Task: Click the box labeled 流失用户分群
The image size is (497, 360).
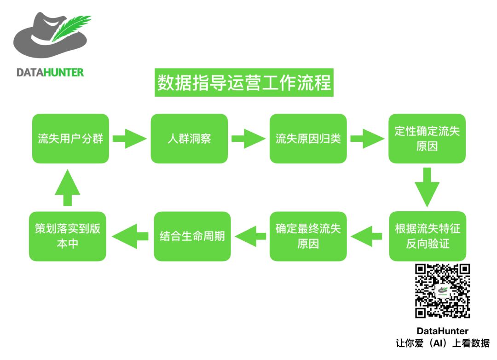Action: point(70,139)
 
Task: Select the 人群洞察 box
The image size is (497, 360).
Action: point(189,139)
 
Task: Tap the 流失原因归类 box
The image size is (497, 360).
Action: point(308,139)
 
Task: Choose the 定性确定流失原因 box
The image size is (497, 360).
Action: point(427,139)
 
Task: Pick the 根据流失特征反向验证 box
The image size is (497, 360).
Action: point(427,236)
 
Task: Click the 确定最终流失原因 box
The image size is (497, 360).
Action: point(308,236)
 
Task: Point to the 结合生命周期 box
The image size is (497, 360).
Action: point(192,236)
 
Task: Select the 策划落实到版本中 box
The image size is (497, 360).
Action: point(67,236)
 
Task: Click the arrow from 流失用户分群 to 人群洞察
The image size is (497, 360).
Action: point(129,139)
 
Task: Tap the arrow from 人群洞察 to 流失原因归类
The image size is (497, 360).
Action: point(248,139)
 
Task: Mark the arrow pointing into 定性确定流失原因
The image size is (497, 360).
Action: point(367,139)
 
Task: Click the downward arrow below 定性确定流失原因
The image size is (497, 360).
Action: point(427,186)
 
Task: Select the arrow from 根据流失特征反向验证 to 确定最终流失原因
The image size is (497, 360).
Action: point(367,236)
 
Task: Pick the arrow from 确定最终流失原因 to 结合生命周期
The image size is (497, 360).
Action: point(250,236)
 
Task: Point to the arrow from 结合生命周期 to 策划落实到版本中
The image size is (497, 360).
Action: point(130,236)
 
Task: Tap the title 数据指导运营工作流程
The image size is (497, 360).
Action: point(244,83)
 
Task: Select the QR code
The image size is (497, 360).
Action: point(442,291)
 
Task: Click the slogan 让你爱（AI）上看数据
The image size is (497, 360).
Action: point(442,343)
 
